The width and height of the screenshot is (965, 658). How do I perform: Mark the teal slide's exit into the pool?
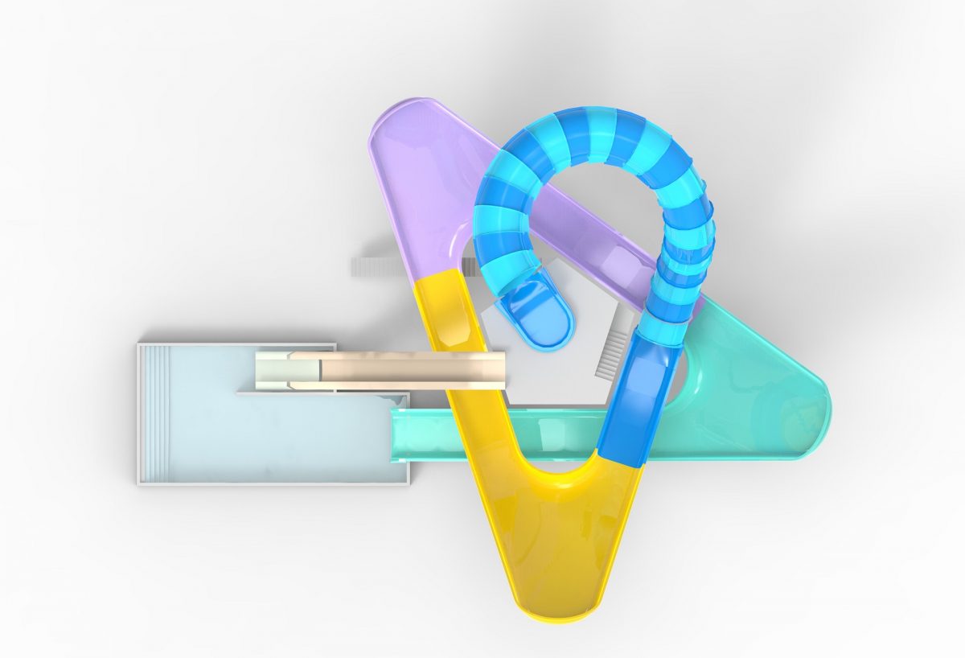[402, 434]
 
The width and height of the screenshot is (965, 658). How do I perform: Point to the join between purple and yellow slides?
[434, 277]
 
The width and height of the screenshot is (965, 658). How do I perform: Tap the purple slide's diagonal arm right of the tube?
[611, 241]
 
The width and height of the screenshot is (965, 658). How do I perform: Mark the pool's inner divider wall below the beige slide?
[322, 393]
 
